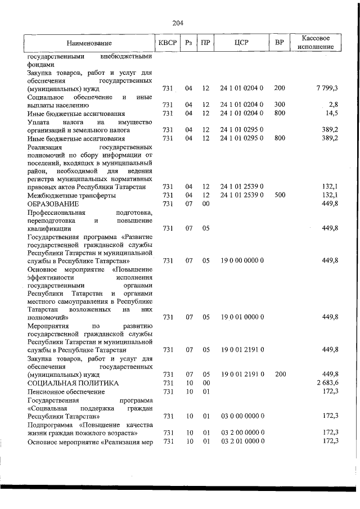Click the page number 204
pos(178,23)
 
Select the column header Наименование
pos(89,43)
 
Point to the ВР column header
pos(280,43)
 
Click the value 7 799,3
pos(327,88)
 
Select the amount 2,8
pos(333,105)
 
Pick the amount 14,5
pos(331,114)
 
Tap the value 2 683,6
pos(327,382)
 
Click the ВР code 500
pos(280,195)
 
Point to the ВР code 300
pos(280,105)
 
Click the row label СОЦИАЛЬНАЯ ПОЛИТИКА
pos(73,382)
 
